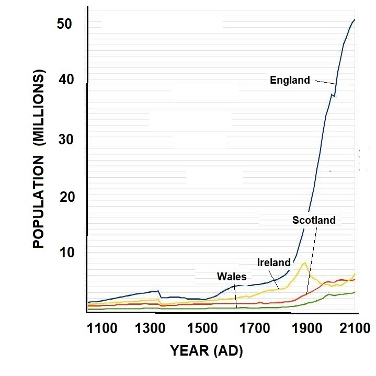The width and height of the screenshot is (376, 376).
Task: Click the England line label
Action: pyautogui.click(x=290, y=80)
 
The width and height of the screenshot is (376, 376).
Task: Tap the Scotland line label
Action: pyautogui.click(x=314, y=220)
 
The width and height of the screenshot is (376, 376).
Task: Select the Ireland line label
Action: pyautogui.click(x=274, y=262)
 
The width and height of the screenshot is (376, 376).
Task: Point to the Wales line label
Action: pyautogui.click(x=231, y=277)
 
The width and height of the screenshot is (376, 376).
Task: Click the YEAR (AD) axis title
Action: pyautogui.click(x=207, y=351)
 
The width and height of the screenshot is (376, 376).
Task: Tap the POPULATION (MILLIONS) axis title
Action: pyautogui.click(x=40, y=159)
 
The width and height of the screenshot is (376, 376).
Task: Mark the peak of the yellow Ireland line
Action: pyautogui.click(x=304, y=263)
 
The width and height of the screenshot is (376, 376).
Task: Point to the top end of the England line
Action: pyautogui.click(x=355, y=20)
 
